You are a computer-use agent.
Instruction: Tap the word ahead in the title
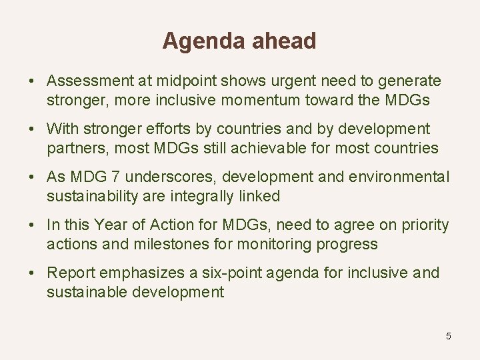284,41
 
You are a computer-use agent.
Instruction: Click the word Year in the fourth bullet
109,225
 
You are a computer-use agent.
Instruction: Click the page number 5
449,336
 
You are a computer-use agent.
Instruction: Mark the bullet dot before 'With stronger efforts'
32,129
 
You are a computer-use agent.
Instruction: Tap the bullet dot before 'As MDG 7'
32,177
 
